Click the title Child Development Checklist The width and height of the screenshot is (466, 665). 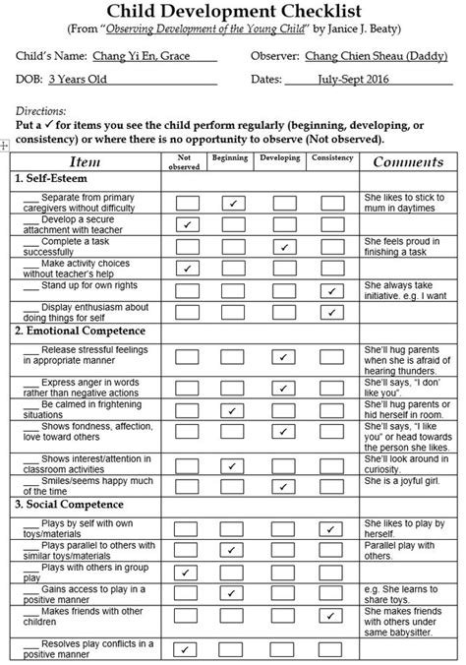(233, 13)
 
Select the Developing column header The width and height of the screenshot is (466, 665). (281, 157)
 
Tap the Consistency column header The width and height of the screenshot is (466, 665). (331, 157)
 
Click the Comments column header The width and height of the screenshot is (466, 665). (408, 161)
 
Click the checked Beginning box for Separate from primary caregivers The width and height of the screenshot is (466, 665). (233, 203)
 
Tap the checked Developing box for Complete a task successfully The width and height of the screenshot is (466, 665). (282, 246)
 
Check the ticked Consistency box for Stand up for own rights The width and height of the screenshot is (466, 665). (331, 290)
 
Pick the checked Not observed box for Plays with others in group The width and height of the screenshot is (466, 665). (185, 571)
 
